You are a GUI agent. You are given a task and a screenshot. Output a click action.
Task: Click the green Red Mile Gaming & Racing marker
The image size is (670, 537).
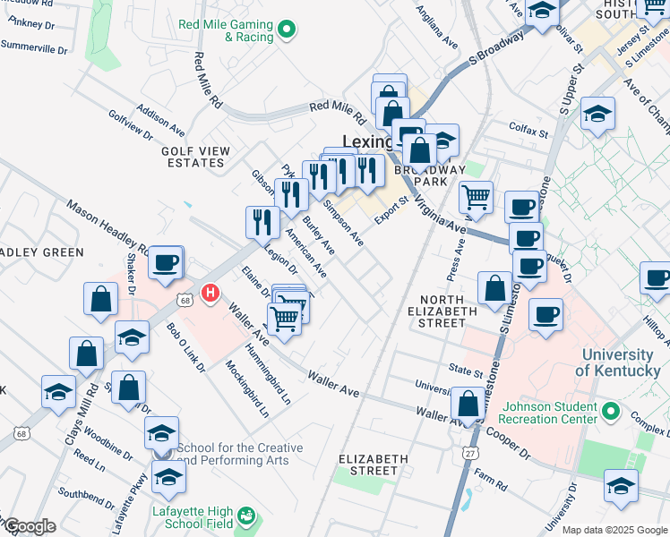[x=287, y=30]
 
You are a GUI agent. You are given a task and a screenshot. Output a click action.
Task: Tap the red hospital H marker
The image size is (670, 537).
[x=210, y=293]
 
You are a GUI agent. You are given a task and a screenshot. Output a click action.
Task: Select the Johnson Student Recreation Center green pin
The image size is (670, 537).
[x=611, y=412]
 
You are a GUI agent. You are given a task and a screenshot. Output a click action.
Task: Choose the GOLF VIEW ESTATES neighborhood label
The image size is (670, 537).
[x=193, y=157]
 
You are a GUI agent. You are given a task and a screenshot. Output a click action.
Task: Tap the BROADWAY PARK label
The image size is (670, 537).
[x=437, y=175]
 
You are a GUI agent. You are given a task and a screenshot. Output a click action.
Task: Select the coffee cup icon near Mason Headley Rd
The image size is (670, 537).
[x=165, y=263]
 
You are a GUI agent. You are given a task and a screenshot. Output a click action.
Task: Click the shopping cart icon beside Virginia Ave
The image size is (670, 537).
[x=476, y=196]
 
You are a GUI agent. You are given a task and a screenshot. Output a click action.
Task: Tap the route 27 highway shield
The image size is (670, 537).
[x=469, y=454]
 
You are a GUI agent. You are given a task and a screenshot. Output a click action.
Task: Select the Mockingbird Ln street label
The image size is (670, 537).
[x=235, y=388]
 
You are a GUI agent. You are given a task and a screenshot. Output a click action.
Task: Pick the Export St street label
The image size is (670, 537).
[x=391, y=206]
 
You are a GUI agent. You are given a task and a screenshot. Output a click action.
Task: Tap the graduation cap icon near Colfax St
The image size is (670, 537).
[x=597, y=114]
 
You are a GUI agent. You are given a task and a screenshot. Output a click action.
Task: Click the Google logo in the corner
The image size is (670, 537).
[x=30, y=525]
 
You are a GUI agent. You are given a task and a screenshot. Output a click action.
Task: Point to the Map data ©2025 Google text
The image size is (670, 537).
[x=613, y=530]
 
